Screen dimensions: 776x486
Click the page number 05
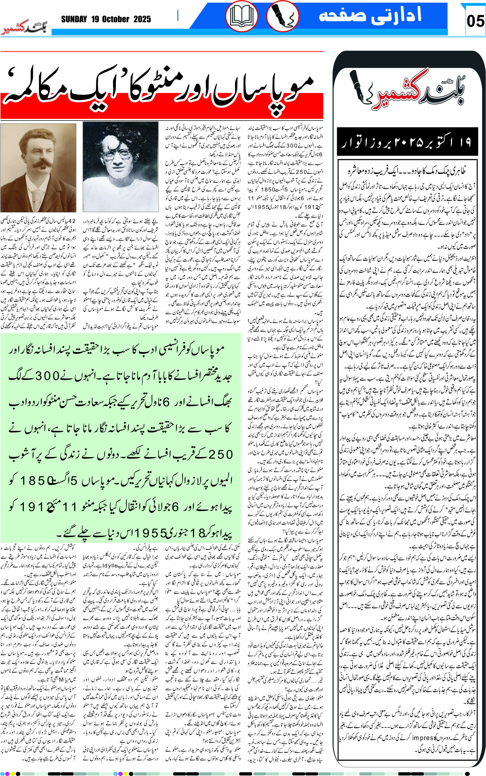click(x=475, y=21)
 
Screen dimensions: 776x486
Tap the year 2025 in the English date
click(x=142, y=19)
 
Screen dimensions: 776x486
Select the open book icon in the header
click(x=241, y=16)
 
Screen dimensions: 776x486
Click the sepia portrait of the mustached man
click(x=38, y=167)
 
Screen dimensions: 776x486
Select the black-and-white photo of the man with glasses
click(x=120, y=167)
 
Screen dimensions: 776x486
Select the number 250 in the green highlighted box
click(x=220, y=454)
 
